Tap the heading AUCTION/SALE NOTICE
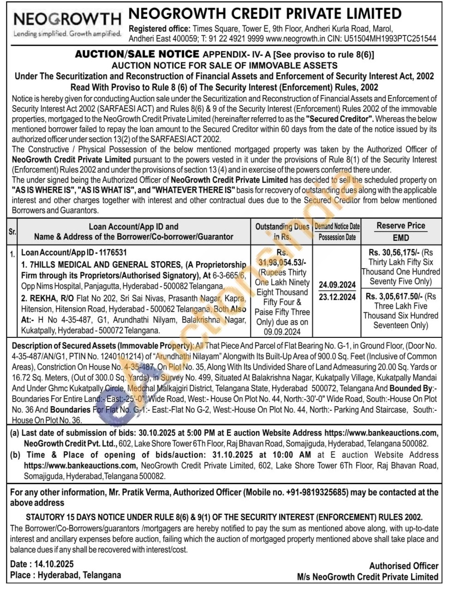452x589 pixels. [x=137, y=54]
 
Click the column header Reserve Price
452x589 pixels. [x=400, y=226]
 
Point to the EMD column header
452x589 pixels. [x=400, y=238]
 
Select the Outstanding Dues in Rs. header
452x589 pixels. [x=282, y=231]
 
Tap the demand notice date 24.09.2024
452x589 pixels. [x=337, y=285]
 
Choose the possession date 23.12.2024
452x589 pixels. [x=337, y=297]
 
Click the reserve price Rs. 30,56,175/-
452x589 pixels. [x=394, y=252]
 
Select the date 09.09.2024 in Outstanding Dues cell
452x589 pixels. [x=282, y=331]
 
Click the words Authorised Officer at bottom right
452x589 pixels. [x=404, y=566]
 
